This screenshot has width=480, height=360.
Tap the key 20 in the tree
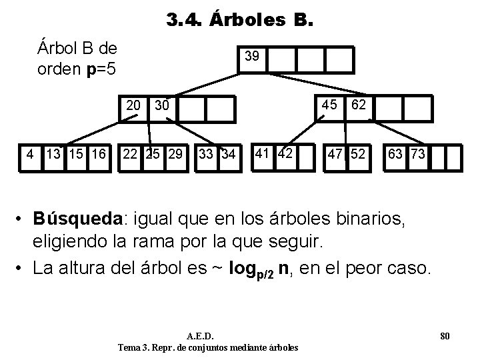click(x=134, y=105)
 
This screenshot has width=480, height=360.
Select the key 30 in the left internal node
click(x=161, y=105)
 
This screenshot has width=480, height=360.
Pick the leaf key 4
click(x=30, y=155)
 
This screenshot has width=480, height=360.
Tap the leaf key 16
click(x=99, y=155)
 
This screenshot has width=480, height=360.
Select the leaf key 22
click(x=131, y=155)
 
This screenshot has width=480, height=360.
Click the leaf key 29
click(x=176, y=155)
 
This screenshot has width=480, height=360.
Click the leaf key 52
click(x=358, y=155)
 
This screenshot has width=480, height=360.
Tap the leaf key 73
click(x=418, y=155)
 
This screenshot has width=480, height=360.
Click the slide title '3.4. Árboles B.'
click(x=238, y=21)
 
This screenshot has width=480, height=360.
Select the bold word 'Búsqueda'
click(x=79, y=218)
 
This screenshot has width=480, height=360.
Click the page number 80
click(x=445, y=335)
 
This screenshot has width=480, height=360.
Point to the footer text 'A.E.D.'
click(x=208, y=335)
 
